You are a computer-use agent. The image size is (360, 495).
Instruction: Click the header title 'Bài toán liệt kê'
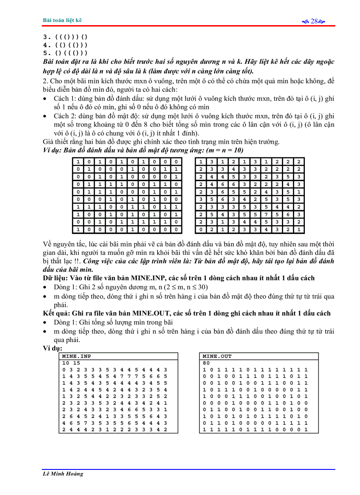(62, 20)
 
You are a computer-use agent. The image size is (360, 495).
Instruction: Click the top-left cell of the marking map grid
(78, 162)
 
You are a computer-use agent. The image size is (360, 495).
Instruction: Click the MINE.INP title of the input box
(76, 356)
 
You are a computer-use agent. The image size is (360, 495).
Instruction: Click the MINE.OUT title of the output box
(217, 356)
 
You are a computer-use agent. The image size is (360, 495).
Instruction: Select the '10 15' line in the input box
(69, 363)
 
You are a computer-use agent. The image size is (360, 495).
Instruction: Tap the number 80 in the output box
(206, 363)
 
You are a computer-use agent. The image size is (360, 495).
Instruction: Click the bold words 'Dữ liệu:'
(56, 278)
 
